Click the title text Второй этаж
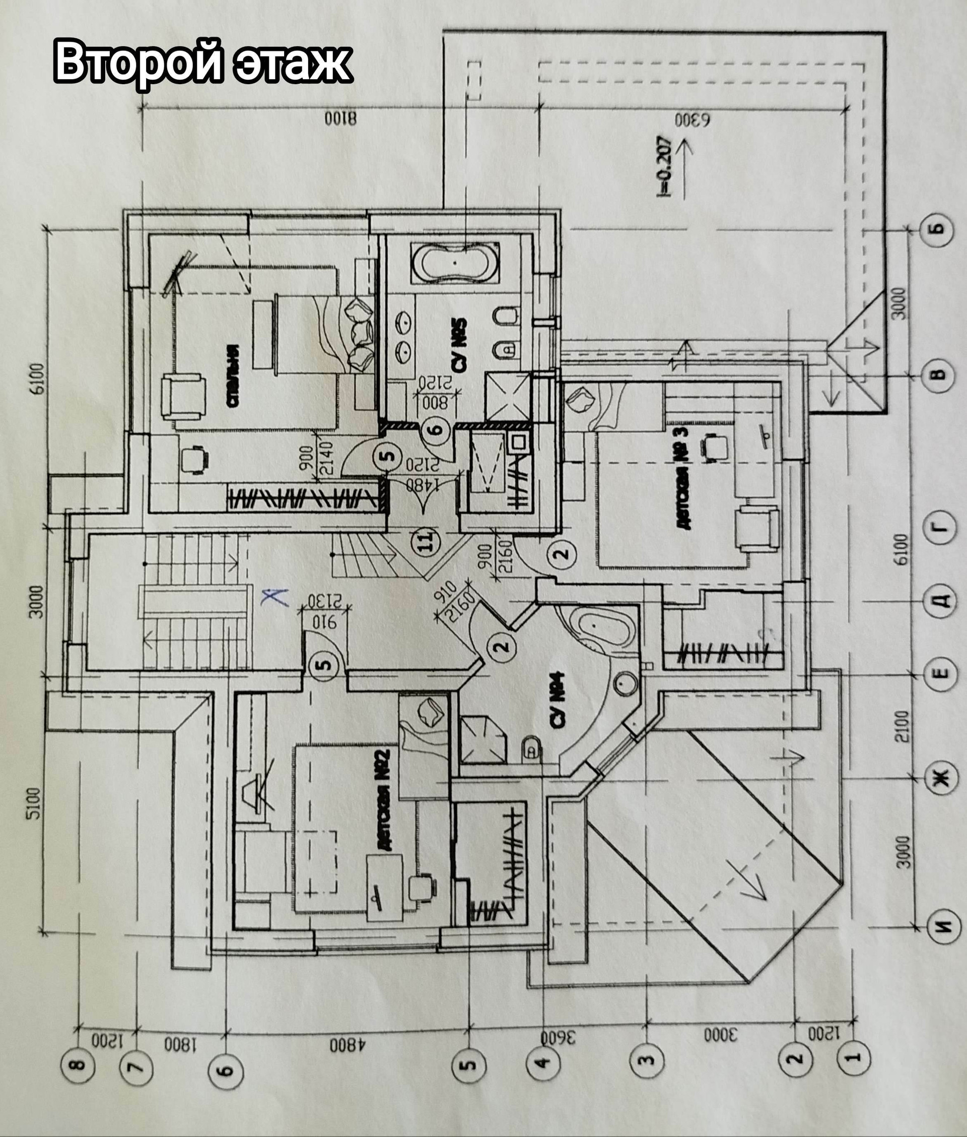coord(203,62)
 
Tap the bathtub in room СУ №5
coord(455,263)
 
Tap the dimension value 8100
coord(340,118)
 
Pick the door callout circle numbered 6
coord(437,429)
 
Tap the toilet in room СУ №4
coord(530,748)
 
